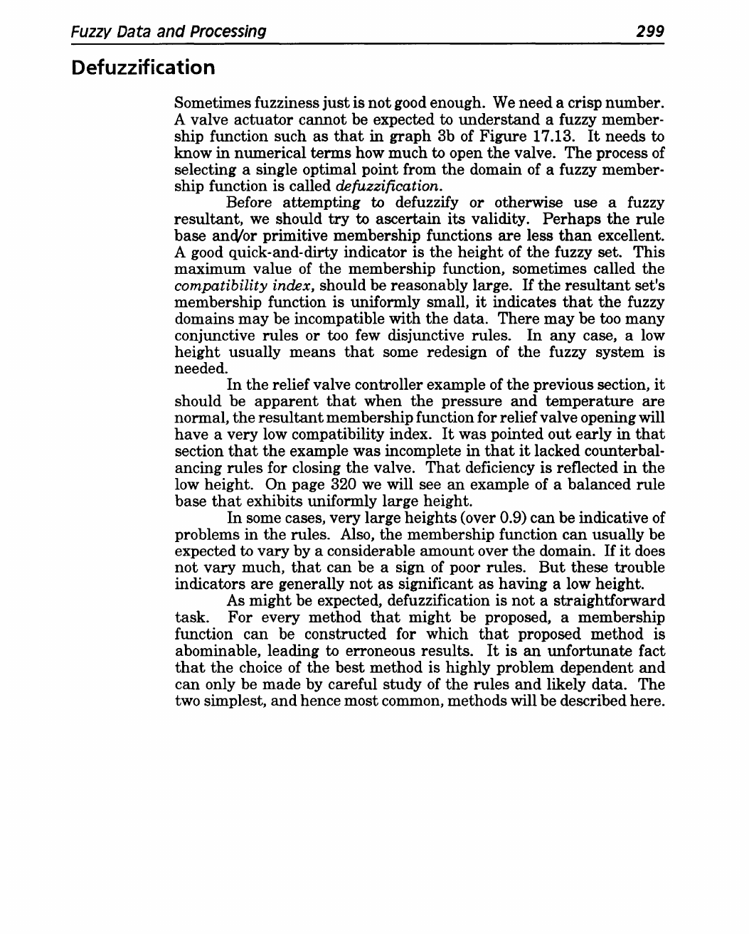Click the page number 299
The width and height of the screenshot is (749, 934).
coord(649,31)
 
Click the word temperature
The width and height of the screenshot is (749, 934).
coord(602,401)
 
